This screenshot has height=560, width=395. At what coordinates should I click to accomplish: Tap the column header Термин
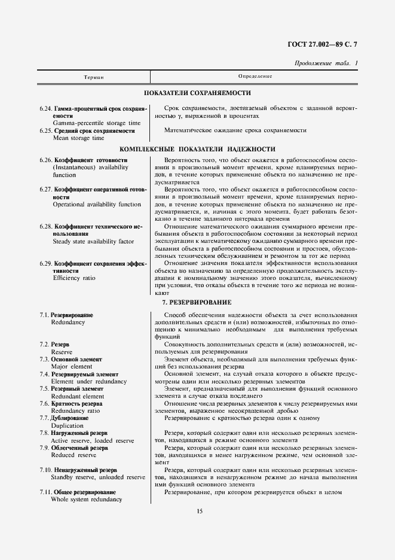[92, 77]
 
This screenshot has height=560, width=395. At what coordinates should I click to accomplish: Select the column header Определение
[255, 77]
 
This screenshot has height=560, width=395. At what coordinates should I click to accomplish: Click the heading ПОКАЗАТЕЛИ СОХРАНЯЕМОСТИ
[197, 93]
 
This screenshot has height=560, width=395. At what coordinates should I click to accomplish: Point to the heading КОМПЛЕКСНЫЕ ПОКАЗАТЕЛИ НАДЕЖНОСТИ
[197, 148]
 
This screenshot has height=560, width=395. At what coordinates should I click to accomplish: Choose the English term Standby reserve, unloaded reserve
[99, 477]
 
